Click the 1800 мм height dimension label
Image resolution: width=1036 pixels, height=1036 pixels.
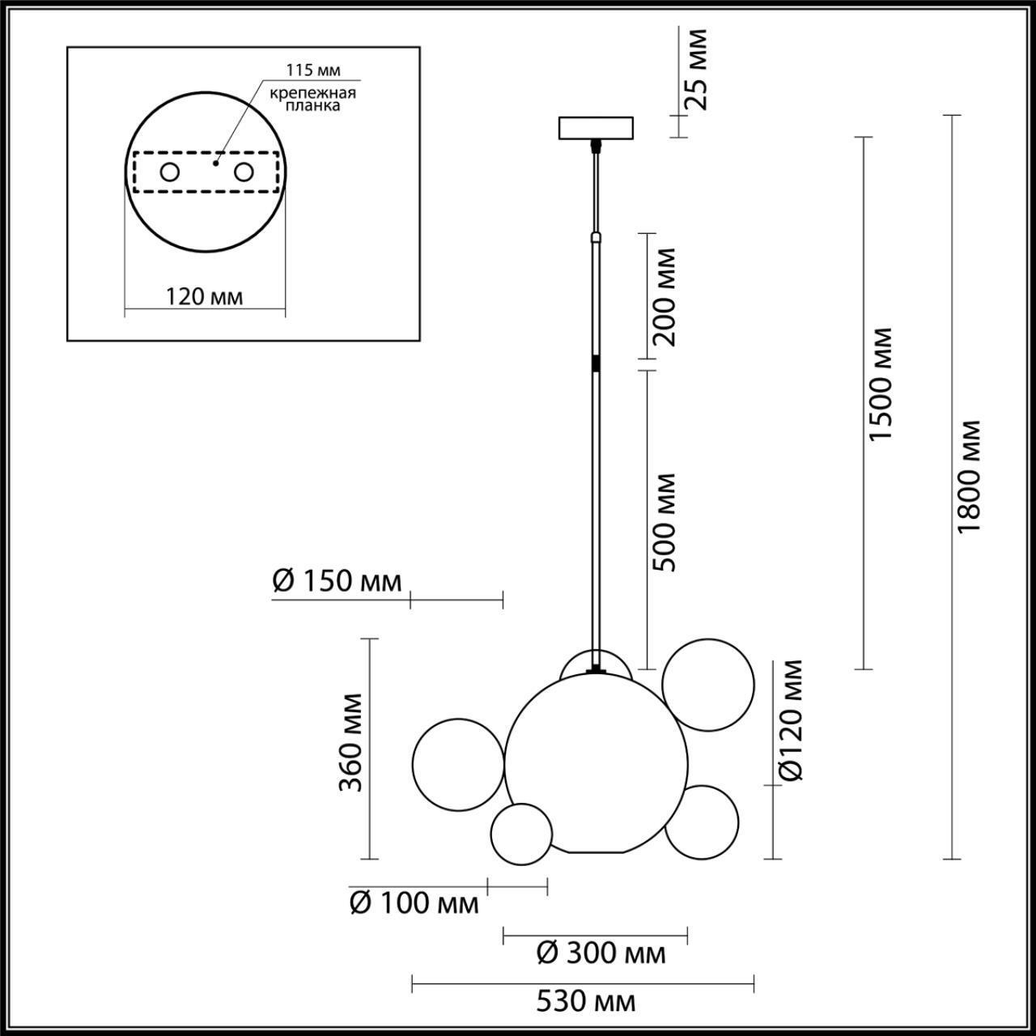click(968, 476)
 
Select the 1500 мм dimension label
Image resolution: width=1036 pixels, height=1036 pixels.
click(880, 384)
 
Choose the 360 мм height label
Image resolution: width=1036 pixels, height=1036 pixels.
click(350, 741)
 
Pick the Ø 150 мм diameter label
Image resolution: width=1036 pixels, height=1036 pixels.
click(337, 581)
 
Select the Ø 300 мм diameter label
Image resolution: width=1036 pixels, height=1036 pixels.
click(601, 953)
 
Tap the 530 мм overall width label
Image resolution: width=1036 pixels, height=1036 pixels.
click(586, 1002)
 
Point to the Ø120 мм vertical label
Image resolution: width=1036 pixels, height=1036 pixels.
click(792, 720)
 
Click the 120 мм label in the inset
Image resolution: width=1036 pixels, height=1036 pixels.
click(204, 296)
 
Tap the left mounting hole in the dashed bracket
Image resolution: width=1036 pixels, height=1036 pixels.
click(170, 172)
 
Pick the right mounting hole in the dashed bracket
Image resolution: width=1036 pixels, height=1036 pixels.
click(243, 172)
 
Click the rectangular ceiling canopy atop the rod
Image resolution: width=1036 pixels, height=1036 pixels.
click(597, 128)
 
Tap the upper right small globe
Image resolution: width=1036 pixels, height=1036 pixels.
click(708, 685)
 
